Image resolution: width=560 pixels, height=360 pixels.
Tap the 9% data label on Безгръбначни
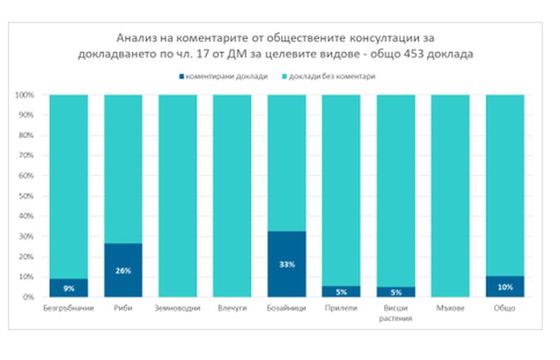point(69,288)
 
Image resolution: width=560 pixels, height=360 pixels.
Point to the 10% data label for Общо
point(505,287)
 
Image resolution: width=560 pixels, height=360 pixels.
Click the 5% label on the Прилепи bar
point(341,292)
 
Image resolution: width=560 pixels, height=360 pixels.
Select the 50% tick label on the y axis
point(26,196)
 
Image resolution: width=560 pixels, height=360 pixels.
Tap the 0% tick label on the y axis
point(28,297)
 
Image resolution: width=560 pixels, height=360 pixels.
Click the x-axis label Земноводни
point(177,309)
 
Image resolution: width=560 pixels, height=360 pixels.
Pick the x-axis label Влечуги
point(232,309)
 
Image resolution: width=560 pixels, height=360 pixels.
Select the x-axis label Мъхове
point(450,309)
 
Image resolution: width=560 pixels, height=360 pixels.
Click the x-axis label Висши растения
point(396,313)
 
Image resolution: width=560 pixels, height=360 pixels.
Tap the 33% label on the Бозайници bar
point(286,264)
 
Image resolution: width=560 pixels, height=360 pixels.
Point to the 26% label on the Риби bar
point(123,270)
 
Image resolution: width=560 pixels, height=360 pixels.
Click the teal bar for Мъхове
point(450,196)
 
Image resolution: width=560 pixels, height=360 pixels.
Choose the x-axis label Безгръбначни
point(68,309)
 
